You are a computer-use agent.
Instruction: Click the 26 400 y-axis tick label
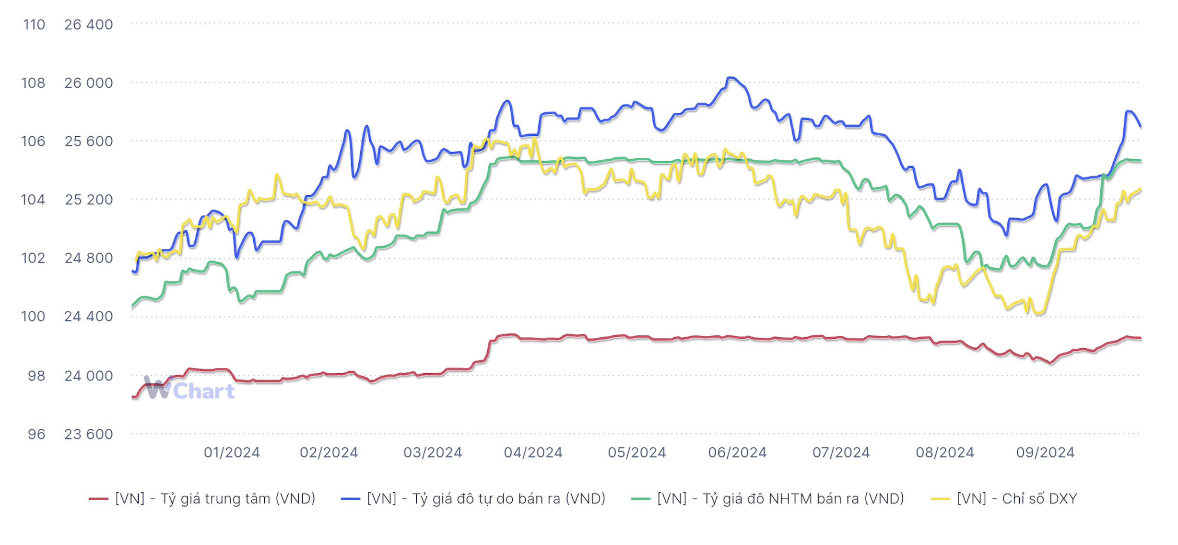88,24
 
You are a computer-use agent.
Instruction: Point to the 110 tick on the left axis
34,24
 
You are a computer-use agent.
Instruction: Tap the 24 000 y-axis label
88,376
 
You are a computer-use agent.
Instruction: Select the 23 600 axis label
88,434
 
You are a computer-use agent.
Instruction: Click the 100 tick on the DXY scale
33,317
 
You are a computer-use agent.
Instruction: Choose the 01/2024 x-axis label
232,452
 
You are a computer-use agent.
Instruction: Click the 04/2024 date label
533,452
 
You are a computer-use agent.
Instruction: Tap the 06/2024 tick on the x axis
737,452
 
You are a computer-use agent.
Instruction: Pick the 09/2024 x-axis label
1045,452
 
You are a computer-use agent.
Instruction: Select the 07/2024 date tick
841,452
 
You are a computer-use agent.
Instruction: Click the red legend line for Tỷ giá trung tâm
98,499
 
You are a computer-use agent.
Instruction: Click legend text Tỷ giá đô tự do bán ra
485,499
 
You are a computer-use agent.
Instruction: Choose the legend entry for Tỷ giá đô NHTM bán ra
780,499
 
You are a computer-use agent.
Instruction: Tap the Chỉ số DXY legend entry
1016,499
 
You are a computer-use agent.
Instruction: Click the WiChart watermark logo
189,389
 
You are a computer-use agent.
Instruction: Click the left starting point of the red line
133,397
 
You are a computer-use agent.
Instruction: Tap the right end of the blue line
1141,127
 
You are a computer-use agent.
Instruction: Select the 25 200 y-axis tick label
88,200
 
